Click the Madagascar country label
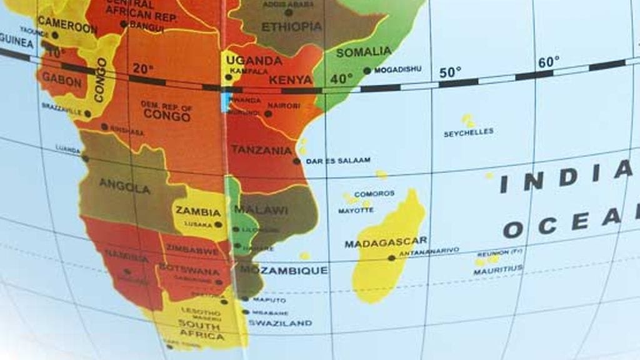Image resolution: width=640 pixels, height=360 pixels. tap(386, 242)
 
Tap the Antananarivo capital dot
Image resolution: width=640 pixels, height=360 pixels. tap(391, 257)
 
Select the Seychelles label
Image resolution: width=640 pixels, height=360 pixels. tap(468, 132)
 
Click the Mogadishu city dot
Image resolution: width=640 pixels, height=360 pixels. tap(367, 71)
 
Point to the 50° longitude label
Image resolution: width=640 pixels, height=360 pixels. tap(449, 72)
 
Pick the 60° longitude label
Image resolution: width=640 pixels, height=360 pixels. tap(549, 62)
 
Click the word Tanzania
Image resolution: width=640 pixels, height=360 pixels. tap(261, 150)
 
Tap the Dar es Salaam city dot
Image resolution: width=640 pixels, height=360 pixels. tap(297, 161)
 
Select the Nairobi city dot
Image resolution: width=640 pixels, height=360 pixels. tap(268, 114)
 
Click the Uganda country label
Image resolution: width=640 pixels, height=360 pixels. tap(254, 61)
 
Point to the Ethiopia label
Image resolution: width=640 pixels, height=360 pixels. tap(291, 27)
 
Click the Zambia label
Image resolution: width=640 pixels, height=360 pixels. tap(197, 211)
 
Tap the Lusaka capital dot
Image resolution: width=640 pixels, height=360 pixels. tap(218, 224)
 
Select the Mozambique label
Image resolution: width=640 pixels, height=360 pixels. tap(284, 270)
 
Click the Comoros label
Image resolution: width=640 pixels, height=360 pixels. tap(374, 194)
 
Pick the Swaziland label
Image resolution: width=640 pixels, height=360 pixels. tap(280, 323)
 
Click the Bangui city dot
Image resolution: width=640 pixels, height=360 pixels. tap(124, 24)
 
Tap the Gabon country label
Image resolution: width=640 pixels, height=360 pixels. tap(61, 81)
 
